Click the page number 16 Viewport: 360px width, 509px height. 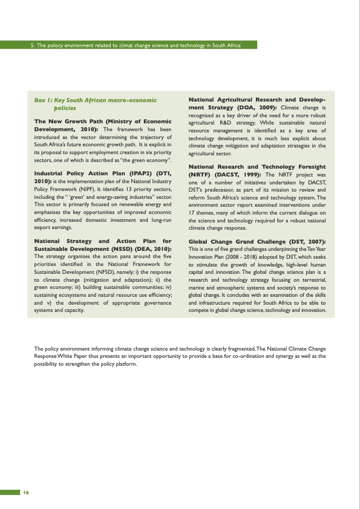tap(26, 491)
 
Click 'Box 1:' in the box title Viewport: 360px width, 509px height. tap(44, 100)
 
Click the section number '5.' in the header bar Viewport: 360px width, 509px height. tap(33, 45)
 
